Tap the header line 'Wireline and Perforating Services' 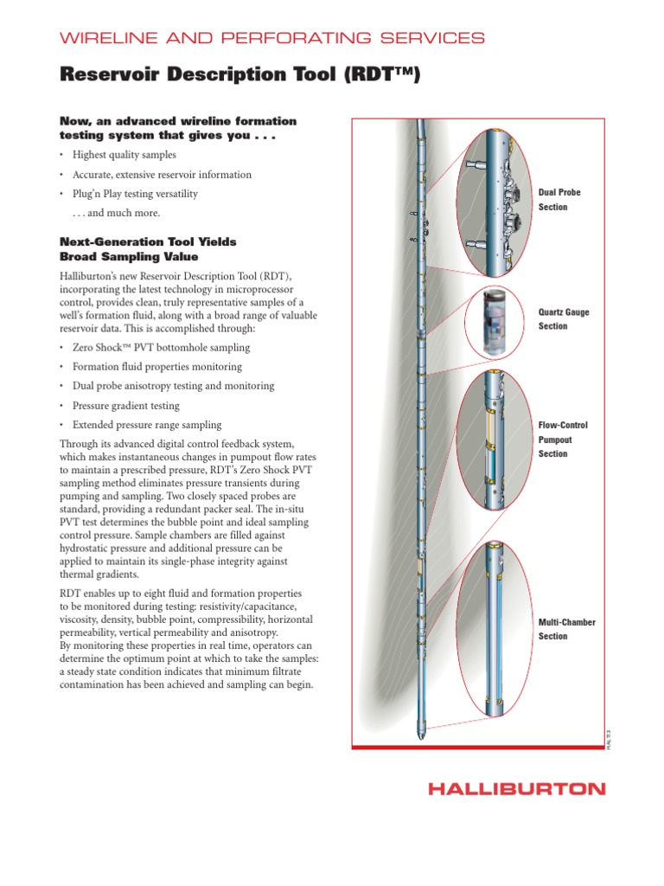271,38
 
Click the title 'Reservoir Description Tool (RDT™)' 239,75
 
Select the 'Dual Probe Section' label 559,200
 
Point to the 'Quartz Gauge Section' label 564,319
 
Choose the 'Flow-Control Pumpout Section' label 563,440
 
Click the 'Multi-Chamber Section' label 566,629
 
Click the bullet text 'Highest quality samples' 124,155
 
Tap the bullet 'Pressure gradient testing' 126,406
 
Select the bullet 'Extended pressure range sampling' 147,425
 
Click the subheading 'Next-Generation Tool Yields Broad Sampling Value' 148,249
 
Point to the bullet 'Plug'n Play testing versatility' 135,194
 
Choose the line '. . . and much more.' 117,213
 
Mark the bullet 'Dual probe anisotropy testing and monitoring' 173,386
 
